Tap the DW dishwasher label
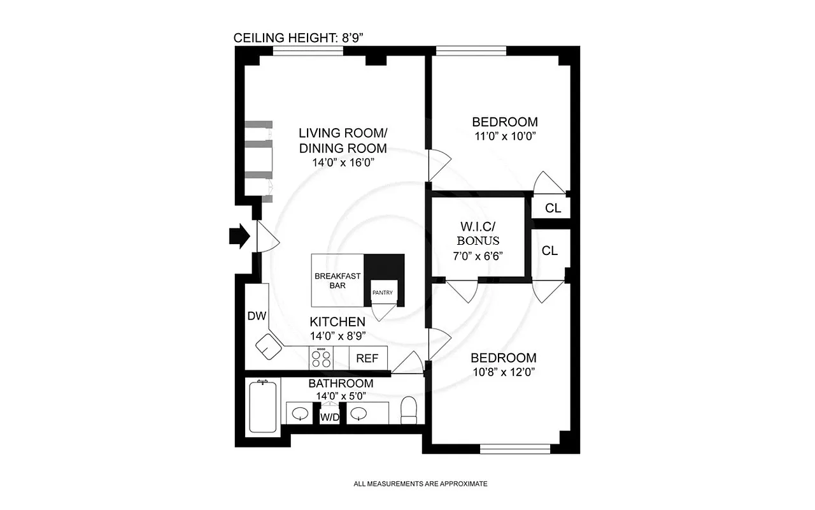click(x=256, y=316)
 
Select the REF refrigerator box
click(x=367, y=358)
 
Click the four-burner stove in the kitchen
click(x=320, y=358)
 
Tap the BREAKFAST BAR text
click(x=337, y=280)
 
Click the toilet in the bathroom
click(x=408, y=410)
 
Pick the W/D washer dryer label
click(x=329, y=418)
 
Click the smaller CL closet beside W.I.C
click(x=553, y=208)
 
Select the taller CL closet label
click(x=549, y=251)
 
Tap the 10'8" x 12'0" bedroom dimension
click(x=502, y=372)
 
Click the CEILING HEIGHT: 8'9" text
click(x=298, y=37)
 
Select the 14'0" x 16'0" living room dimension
click(x=343, y=162)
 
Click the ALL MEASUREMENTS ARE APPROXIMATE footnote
click(x=420, y=484)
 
